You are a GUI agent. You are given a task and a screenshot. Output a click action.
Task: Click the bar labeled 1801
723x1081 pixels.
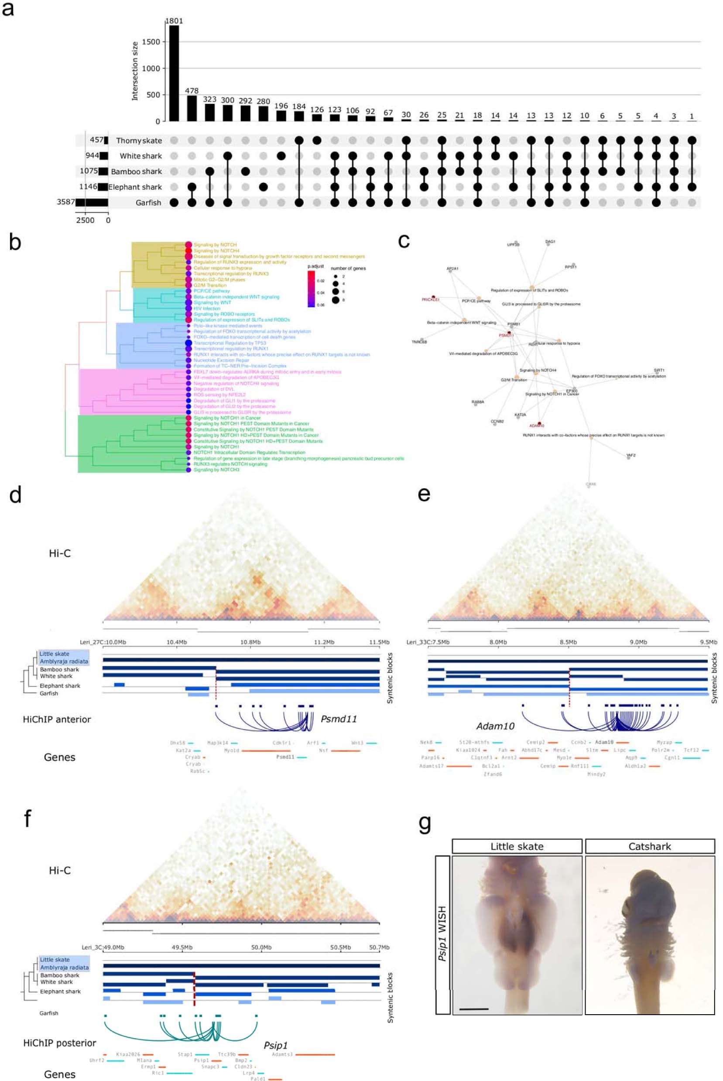174,73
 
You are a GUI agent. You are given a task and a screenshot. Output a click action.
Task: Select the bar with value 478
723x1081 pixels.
192,108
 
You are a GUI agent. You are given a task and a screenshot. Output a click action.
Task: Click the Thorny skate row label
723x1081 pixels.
139,141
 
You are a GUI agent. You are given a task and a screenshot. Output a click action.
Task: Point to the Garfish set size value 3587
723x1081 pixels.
65,202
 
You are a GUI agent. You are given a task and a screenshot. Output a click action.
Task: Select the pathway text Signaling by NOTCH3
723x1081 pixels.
216,470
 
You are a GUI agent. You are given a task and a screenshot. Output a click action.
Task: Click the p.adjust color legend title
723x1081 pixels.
315,266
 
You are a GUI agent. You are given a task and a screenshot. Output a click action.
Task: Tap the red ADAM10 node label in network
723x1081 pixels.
536,426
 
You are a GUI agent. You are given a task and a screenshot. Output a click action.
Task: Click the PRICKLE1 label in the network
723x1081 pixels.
430,300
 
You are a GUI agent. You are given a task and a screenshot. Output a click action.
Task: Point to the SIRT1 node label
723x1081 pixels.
659,371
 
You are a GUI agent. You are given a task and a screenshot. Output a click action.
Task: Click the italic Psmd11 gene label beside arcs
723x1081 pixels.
339,718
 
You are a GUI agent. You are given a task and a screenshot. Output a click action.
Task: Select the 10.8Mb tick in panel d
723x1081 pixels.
250,642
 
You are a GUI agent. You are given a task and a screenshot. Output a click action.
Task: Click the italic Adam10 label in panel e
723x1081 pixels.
495,726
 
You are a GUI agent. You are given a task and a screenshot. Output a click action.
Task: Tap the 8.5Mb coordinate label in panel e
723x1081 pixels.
568,642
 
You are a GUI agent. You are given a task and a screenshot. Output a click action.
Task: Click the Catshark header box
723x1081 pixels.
649,846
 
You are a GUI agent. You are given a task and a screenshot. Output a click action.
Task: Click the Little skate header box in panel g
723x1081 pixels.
517,846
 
